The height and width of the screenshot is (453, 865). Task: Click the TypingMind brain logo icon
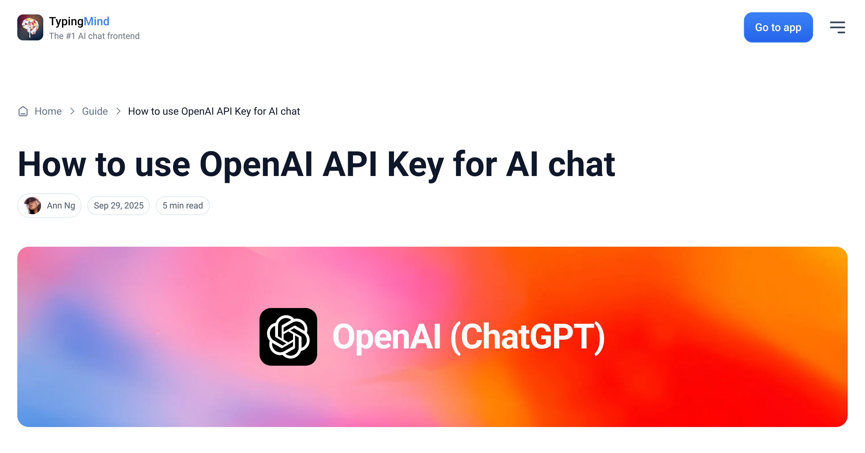pyautogui.click(x=30, y=27)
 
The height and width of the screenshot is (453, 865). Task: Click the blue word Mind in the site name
pyautogui.click(x=96, y=21)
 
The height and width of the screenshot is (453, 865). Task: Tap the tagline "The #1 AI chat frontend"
pyautogui.click(x=94, y=36)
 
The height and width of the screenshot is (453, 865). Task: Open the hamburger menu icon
pyautogui.click(x=837, y=27)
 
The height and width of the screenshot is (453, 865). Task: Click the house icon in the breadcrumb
pyautogui.click(x=23, y=111)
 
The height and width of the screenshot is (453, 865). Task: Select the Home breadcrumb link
pyautogui.click(x=48, y=111)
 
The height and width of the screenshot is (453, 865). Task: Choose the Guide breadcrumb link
pyautogui.click(x=95, y=111)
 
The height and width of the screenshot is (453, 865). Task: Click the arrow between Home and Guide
pyautogui.click(x=72, y=111)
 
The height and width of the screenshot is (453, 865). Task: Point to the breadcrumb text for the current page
pyautogui.click(x=214, y=111)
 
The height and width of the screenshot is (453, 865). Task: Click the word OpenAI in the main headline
pyautogui.click(x=256, y=164)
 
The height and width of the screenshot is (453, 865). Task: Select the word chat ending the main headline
pyautogui.click(x=582, y=164)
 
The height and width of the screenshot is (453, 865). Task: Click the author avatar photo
pyautogui.click(x=32, y=206)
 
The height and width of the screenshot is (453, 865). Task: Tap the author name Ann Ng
pyautogui.click(x=61, y=206)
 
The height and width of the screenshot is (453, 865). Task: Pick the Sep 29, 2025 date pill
pyautogui.click(x=119, y=206)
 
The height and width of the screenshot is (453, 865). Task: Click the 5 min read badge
pyautogui.click(x=183, y=206)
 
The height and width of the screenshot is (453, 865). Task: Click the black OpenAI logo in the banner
pyautogui.click(x=288, y=337)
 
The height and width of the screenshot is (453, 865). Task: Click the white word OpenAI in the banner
pyautogui.click(x=387, y=337)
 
